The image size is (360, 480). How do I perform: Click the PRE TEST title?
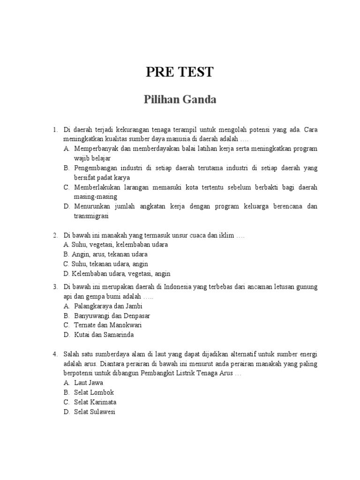180,72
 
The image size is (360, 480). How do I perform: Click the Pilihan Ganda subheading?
180,100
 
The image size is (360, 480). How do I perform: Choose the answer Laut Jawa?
89,382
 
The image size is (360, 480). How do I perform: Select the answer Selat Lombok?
94,392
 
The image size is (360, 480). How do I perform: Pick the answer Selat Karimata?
95,402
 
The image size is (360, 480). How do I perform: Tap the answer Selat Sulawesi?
95,412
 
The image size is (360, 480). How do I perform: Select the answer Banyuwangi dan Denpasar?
112,315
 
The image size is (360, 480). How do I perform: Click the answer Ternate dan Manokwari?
108,325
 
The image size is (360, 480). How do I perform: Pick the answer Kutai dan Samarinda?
104,335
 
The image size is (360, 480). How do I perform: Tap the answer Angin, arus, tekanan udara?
110,254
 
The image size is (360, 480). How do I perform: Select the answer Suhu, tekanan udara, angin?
110,264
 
